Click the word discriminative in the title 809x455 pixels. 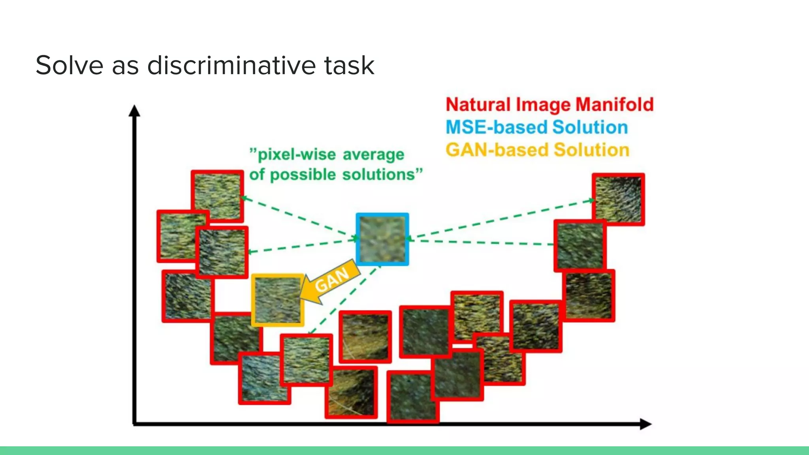(x=231, y=65)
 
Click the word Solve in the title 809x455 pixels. (x=70, y=65)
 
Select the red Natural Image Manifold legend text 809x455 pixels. (x=549, y=105)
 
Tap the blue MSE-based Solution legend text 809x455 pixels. (x=536, y=127)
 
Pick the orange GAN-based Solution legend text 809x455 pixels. (x=537, y=150)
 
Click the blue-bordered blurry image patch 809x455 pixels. (x=382, y=239)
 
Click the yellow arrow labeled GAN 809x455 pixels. (x=330, y=281)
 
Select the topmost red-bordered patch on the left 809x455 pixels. (x=217, y=196)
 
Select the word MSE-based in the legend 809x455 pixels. (x=496, y=127)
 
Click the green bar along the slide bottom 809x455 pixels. (x=404, y=451)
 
